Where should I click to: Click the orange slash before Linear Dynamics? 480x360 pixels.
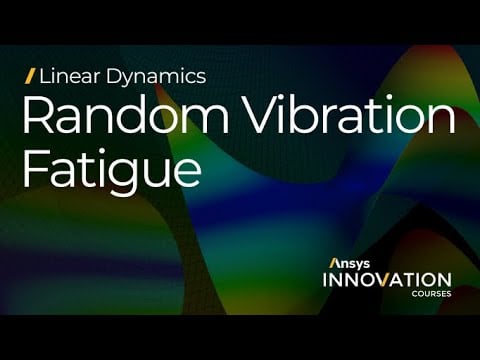tap(31, 76)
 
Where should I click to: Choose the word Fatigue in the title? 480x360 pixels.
tap(110, 169)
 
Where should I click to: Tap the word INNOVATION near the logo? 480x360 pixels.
tap(386, 280)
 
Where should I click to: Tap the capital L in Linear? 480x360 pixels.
tap(45, 76)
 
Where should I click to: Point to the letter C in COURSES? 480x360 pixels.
tap(411, 295)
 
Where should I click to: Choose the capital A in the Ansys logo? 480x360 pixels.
tap(334, 263)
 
